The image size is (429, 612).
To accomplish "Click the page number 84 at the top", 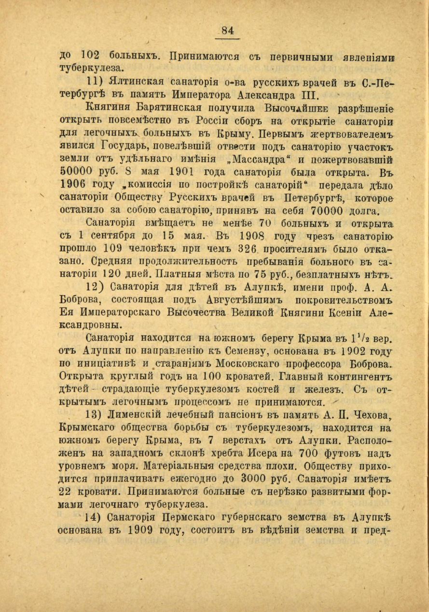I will [227, 30].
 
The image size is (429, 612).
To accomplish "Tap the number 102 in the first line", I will [89, 56].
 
